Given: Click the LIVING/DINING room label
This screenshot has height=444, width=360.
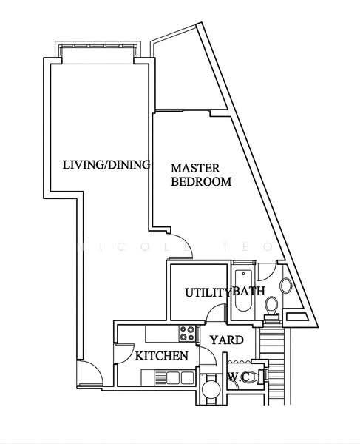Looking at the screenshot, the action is coord(106,165).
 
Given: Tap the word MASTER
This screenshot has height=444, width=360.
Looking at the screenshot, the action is coord(195,168).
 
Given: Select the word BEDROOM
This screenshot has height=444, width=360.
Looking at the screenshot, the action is coord(201,181).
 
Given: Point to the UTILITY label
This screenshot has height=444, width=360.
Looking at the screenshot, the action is coord(208,292).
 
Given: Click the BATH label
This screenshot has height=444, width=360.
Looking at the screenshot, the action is coord(248,291).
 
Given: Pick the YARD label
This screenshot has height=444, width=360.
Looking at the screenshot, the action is coord(226,340).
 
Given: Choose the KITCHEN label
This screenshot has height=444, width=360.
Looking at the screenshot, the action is coord(161,356).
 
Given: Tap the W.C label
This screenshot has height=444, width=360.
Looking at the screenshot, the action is coord(239,377).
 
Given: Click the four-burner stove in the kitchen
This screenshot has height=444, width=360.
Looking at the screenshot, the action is coord(188,333).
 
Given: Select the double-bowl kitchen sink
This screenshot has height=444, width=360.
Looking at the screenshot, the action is coord(174,377).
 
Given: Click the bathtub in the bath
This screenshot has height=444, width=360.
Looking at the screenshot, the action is coord(243,291).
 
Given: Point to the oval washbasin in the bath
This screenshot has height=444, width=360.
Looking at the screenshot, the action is coord(285,286).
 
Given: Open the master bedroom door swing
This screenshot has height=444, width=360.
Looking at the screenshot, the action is coord(181,246).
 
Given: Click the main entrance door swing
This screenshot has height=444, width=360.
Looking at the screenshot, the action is coord(90,373).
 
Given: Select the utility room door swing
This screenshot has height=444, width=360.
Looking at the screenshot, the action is coord(217,313).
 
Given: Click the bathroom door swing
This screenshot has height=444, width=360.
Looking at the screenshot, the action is coord(268,271).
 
